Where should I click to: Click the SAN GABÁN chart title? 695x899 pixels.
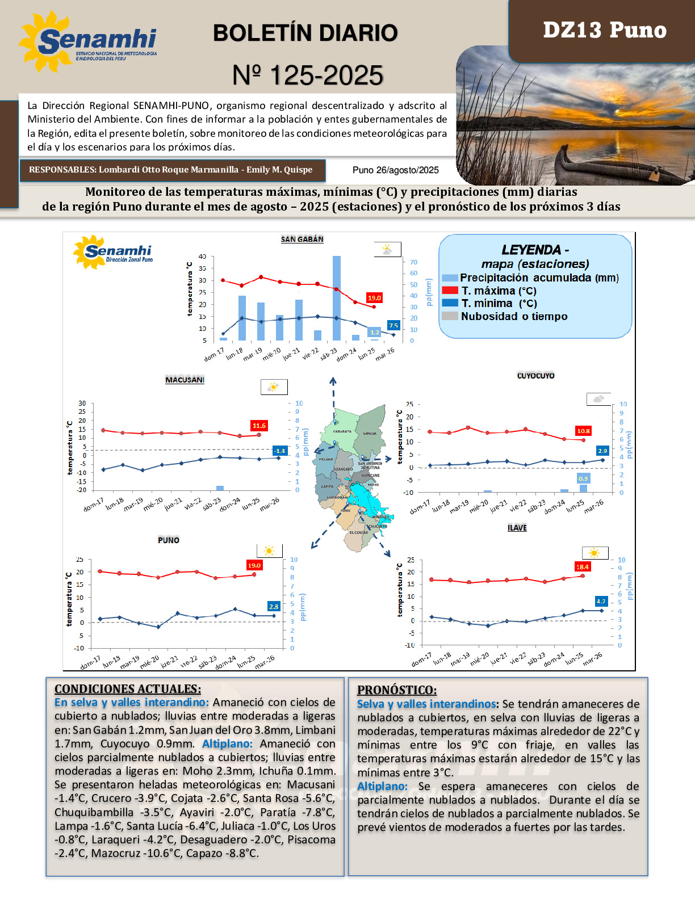[302, 240]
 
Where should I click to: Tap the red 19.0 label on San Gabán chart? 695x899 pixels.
[374, 298]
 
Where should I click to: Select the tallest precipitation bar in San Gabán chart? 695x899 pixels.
[337, 298]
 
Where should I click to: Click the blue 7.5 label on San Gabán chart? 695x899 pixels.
[393, 325]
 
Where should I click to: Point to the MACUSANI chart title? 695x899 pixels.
[185, 380]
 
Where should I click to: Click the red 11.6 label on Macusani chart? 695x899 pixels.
[259, 426]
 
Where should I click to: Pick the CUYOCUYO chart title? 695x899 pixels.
[535, 376]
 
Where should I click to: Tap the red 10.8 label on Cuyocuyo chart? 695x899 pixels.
[583, 431]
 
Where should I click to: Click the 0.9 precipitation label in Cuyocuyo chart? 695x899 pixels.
[583, 478]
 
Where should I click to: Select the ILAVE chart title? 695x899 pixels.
[517, 528]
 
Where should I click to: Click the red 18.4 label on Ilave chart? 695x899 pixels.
[583, 566]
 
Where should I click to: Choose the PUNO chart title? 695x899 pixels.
[169, 540]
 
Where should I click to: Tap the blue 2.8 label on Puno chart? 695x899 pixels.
[274, 607]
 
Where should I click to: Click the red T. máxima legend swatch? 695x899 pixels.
[450, 291]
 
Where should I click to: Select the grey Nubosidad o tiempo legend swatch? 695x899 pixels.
[450, 316]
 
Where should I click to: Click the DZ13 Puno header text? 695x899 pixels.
[604, 30]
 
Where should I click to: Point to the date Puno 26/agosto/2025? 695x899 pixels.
[396, 170]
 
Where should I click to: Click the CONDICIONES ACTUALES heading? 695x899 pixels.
[128, 689]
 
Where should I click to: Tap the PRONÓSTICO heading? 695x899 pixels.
[397, 690]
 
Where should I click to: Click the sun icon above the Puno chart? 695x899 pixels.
[269, 551]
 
